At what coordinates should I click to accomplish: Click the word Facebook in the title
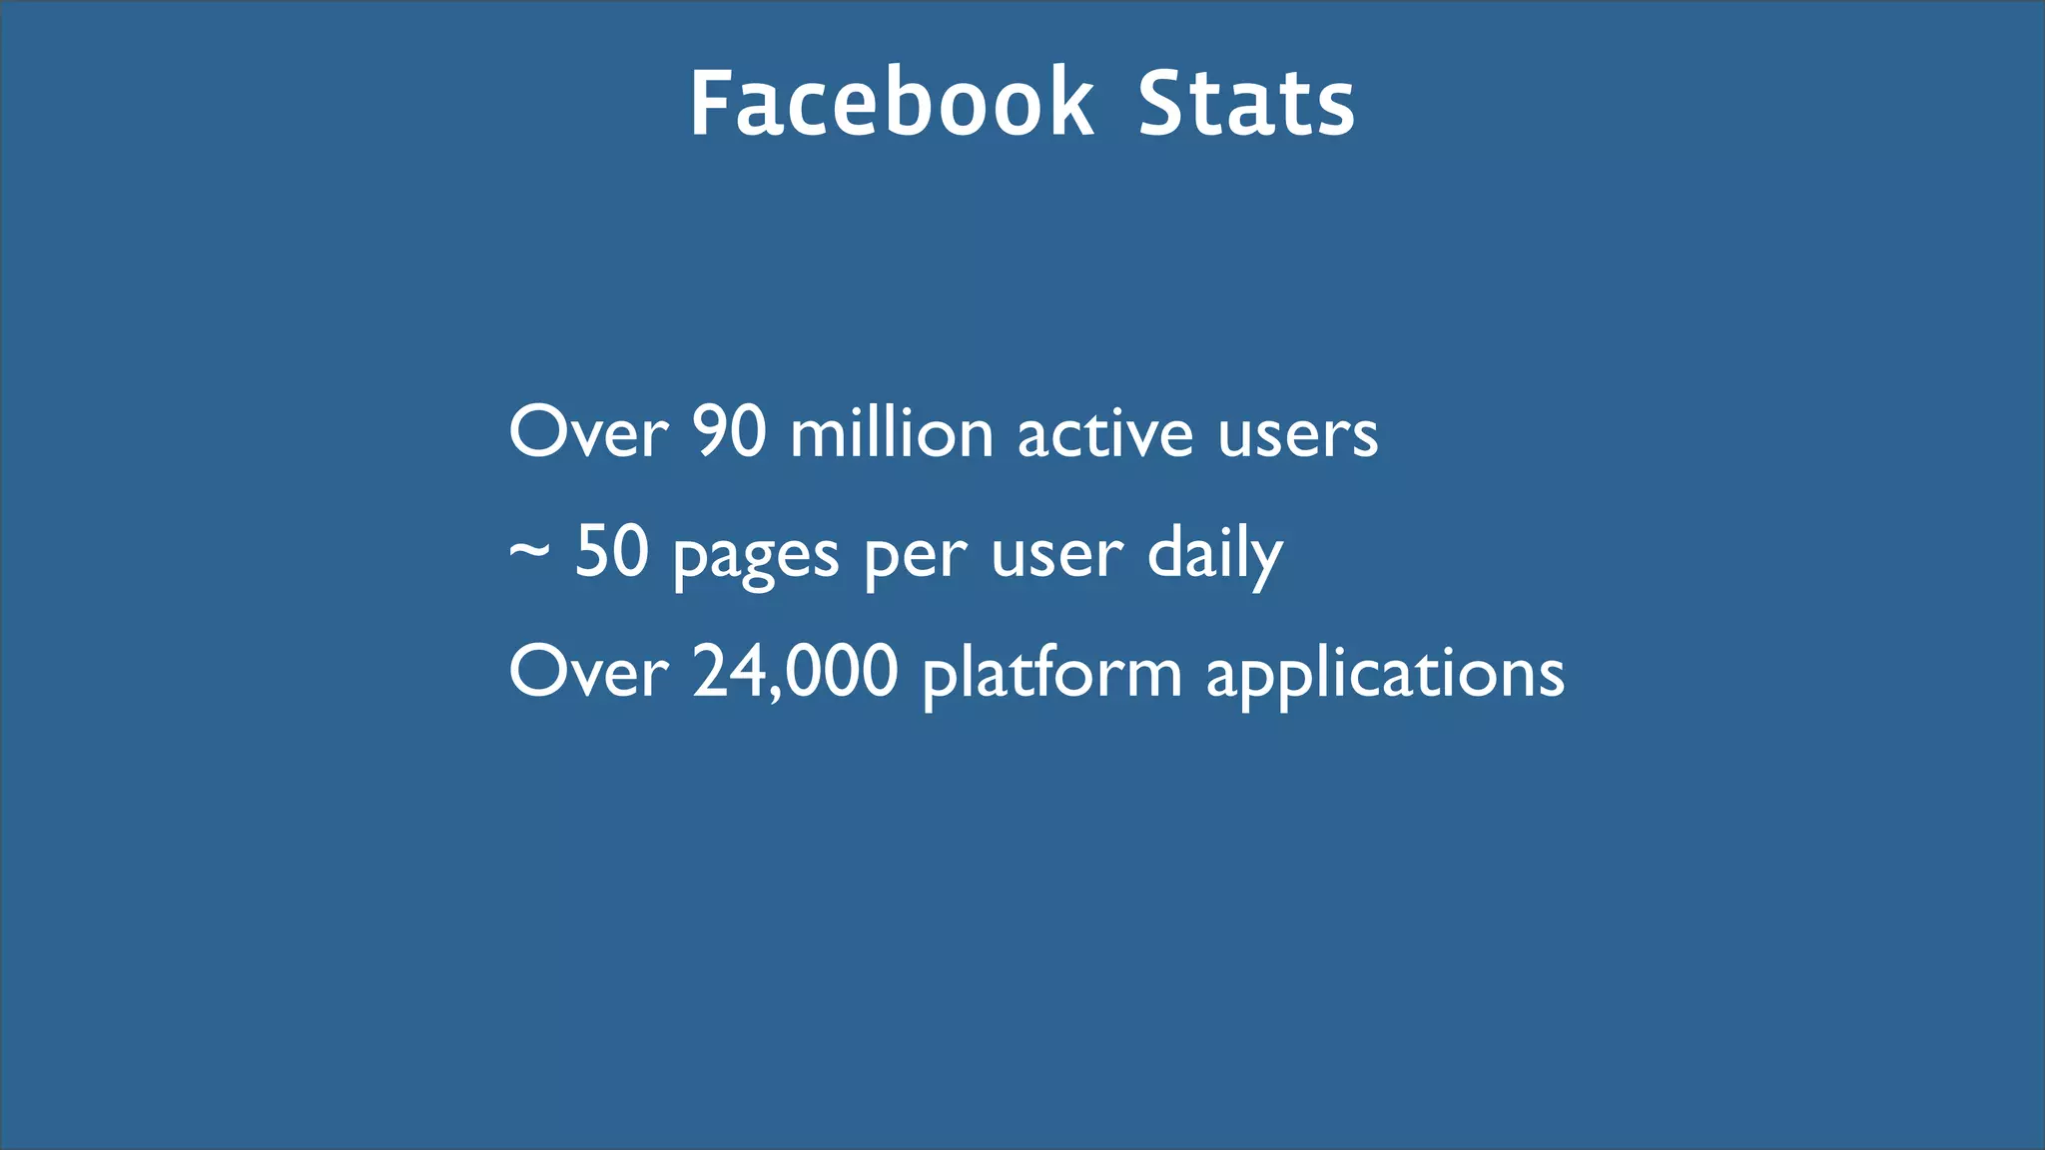pyautogui.click(x=892, y=103)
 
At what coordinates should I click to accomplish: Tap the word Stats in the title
pyautogui.click(x=1246, y=103)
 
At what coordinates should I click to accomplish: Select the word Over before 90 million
pyautogui.click(x=588, y=433)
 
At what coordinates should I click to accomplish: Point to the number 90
pyautogui.click(x=729, y=433)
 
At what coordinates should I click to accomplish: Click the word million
pyautogui.click(x=892, y=433)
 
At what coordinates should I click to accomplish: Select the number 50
pyautogui.click(x=612, y=551)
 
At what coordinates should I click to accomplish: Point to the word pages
pyautogui.click(x=756, y=557)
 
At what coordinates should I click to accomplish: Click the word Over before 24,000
pyautogui.click(x=588, y=672)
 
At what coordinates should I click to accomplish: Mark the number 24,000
pyautogui.click(x=796, y=672)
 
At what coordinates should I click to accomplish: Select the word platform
pyautogui.click(x=1051, y=674)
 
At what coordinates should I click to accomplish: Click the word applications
pyautogui.click(x=1385, y=674)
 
